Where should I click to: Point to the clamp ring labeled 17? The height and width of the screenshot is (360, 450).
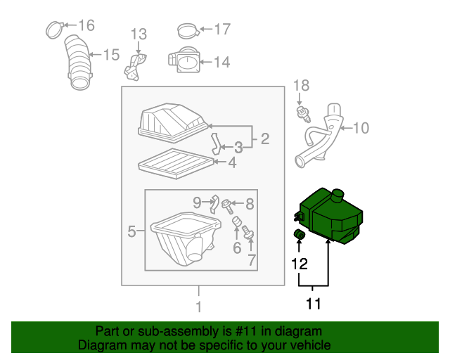pyautogui.click(x=186, y=31)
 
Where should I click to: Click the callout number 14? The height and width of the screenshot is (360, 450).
pyautogui.click(x=221, y=62)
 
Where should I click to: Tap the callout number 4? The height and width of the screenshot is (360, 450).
pyautogui.click(x=231, y=163)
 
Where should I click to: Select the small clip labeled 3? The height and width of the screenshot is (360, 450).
pyautogui.click(x=217, y=143)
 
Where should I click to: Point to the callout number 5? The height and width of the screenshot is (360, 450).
pyautogui.click(x=131, y=230)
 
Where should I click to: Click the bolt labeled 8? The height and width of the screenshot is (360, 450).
pyautogui.click(x=226, y=206)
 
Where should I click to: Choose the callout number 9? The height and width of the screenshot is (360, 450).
pyautogui.click(x=198, y=202)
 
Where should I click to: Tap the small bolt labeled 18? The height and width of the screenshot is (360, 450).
pyautogui.click(x=302, y=114)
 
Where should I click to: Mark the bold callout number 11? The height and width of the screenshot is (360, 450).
pyautogui.click(x=313, y=304)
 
